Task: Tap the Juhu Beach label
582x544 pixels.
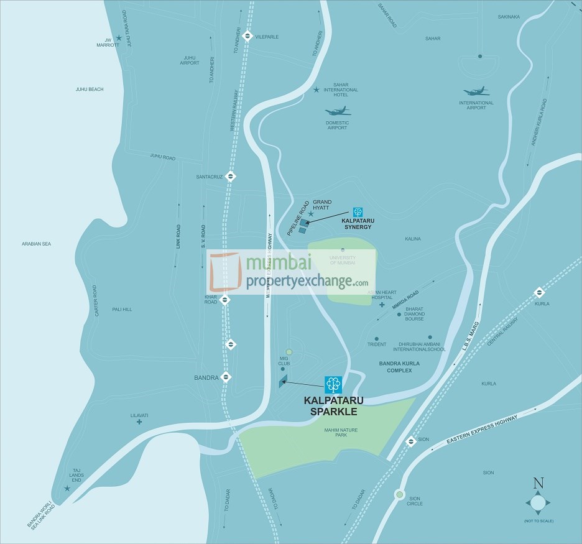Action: (90, 90)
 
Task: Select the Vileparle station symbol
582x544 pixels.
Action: (247, 35)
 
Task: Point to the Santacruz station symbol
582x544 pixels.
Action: (231, 176)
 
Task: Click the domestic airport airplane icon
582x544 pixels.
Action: (338, 112)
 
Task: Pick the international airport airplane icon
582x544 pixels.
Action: (476, 91)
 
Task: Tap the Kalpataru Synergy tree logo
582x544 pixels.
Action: (358, 212)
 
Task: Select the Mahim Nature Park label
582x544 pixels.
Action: (341, 432)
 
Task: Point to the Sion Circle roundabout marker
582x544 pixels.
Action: (398, 495)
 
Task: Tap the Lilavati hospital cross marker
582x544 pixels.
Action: (139, 422)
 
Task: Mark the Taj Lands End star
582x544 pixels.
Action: (67, 489)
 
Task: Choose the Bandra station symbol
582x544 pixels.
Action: (226, 377)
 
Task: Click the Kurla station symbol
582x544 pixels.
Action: (539, 293)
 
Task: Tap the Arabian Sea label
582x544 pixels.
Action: (36, 244)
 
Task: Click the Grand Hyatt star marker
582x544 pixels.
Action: (311, 214)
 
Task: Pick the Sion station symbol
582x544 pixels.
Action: (410, 441)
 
